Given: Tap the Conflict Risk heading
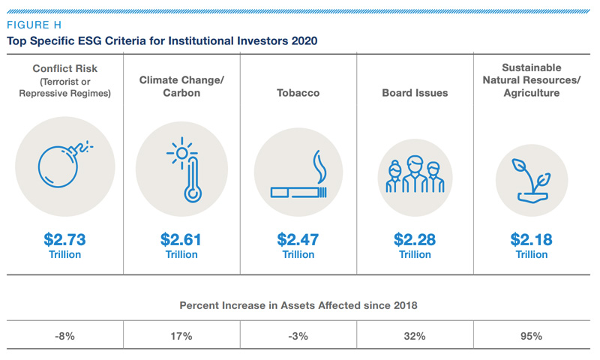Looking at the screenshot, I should [x=65, y=69].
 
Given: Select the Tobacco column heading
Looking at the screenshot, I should [x=298, y=93].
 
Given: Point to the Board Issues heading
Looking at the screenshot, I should [x=415, y=93].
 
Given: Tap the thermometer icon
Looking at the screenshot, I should [x=181, y=172].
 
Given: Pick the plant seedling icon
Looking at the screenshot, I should [x=531, y=178].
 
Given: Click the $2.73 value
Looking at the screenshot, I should [x=64, y=240].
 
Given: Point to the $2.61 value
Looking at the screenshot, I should [x=181, y=240].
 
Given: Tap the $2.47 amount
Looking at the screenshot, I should [x=298, y=240].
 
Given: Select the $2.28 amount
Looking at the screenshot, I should [x=415, y=240].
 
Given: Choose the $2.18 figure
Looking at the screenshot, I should [x=531, y=240].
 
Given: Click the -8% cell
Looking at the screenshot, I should [x=65, y=336].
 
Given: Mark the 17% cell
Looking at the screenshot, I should [x=181, y=336].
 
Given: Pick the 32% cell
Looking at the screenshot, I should [x=415, y=336].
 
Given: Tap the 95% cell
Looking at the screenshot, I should [x=531, y=336].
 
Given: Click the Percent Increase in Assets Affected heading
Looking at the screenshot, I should [x=298, y=305].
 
